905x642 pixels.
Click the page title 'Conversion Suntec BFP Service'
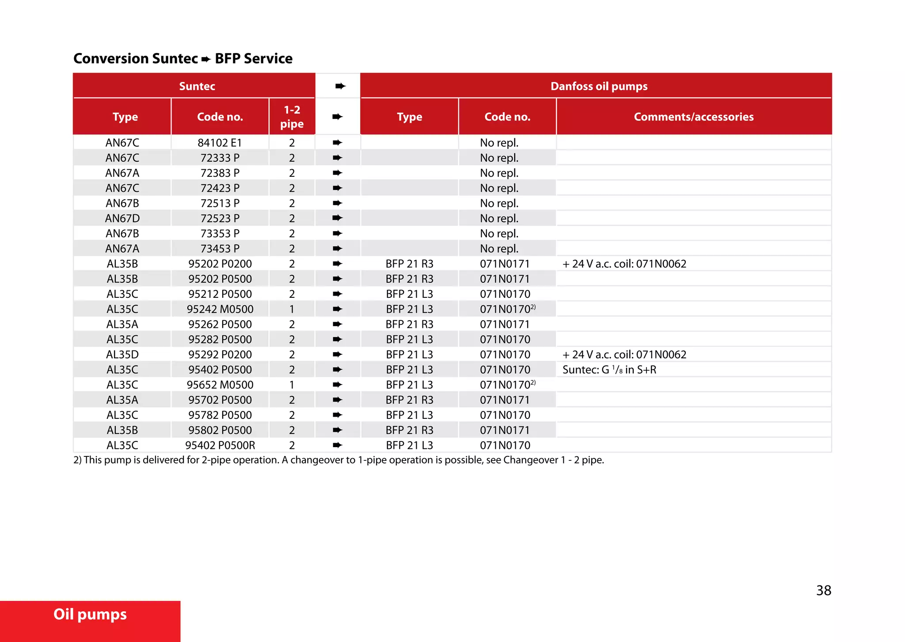(x=183, y=58)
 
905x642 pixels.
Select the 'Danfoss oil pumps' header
(x=599, y=86)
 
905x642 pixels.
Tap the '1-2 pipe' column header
(x=292, y=117)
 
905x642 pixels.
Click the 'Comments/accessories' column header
(x=693, y=117)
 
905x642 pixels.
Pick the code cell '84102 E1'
(x=220, y=143)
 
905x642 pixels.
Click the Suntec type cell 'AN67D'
(x=122, y=218)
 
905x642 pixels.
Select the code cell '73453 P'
(x=220, y=249)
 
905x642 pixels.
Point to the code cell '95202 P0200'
(x=220, y=264)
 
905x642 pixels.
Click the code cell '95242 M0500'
(x=220, y=309)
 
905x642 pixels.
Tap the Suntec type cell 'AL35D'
(x=122, y=354)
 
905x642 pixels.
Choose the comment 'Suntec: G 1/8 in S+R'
(x=609, y=370)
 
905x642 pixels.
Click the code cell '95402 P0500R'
(x=220, y=445)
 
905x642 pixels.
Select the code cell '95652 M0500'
(x=220, y=385)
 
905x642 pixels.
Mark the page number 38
(x=823, y=590)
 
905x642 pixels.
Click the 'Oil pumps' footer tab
(x=90, y=615)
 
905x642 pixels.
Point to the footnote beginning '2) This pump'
(x=338, y=460)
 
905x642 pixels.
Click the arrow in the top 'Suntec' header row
(x=340, y=86)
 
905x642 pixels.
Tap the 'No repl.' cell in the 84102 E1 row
(x=499, y=143)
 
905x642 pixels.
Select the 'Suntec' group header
(x=197, y=86)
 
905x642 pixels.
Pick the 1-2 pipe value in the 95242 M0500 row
(x=292, y=309)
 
